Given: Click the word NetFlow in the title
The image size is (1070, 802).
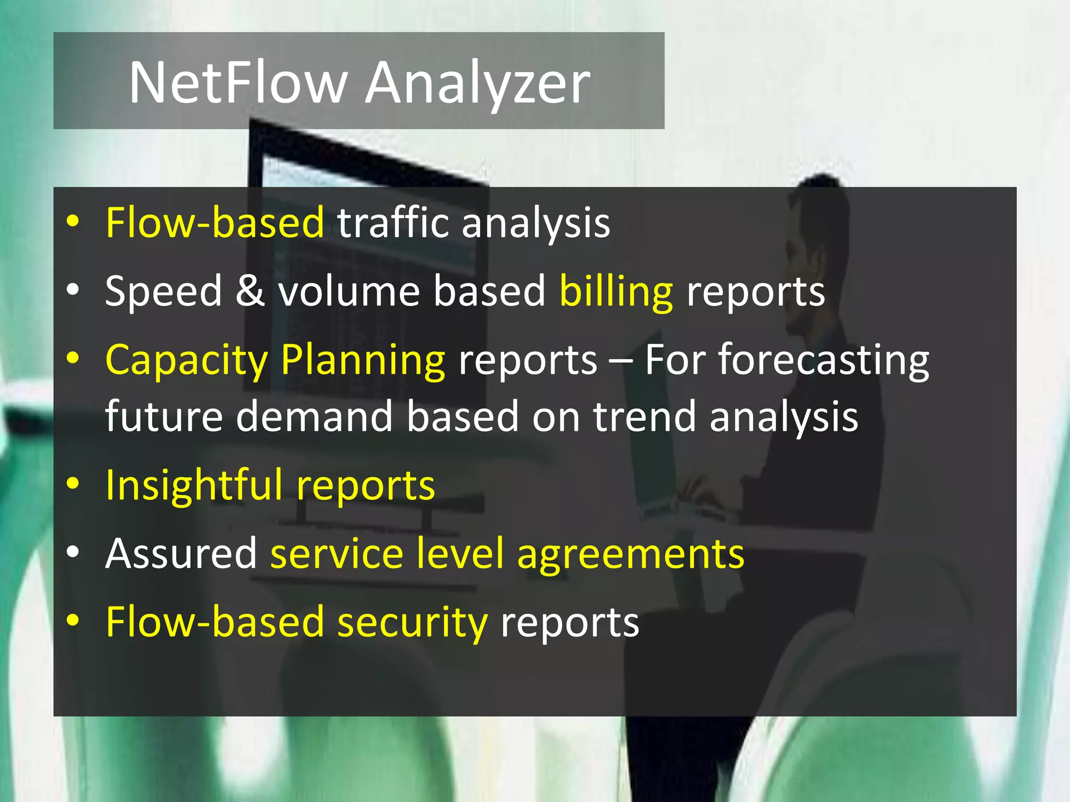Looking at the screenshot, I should pyautogui.click(x=238, y=82).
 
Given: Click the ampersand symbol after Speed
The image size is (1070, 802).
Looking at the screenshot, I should pyautogui.click(x=250, y=290).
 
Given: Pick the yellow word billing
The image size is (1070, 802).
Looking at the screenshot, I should pyautogui.click(x=616, y=291).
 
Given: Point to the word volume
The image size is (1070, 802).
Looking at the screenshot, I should pyautogui.click(x=348, y=290).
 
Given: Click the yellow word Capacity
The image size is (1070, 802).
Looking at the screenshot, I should pyautogui.click(x=187, y=360).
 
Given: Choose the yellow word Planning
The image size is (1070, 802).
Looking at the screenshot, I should pyautogui.click(x=363, y=360).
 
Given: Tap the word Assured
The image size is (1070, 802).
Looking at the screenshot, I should pyautogui.click(x=181, y=553).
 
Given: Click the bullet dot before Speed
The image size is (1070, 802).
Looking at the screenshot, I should pyautogui.click(x=73, y=289).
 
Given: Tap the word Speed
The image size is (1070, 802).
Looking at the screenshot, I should pyautogui.click(x=164, y=291).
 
